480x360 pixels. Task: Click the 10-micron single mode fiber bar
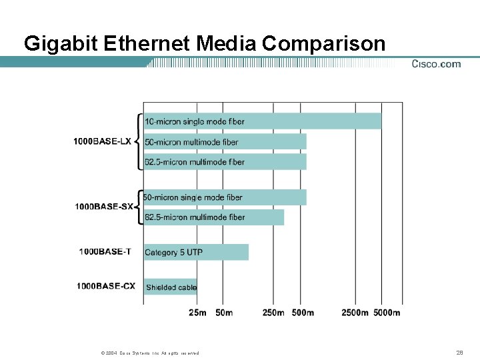pos(263,121)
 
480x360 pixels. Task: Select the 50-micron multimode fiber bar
pos(225,141)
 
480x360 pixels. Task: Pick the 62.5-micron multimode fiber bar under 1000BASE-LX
pos(225,161)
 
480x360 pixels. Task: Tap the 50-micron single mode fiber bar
pos(225,197)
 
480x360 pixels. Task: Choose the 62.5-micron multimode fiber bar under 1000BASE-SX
pos(214,217)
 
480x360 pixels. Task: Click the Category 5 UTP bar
pos(196,252)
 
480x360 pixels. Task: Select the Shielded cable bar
pos(171,287)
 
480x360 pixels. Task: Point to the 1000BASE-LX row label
pos(102,141)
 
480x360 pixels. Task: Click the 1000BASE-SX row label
pos(104,207)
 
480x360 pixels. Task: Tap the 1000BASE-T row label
pos(106,252)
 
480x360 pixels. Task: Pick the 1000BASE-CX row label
pos(105,287)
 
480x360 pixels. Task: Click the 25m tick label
pos(197,313)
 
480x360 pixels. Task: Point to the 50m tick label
pos(224,313)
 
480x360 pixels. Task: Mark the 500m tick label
pos(303,313)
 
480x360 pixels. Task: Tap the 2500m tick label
pos(355,313)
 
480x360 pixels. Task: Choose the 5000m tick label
pos(387,313)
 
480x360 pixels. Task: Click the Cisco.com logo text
pos(436,64)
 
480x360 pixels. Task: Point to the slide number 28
pos(459,352)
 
